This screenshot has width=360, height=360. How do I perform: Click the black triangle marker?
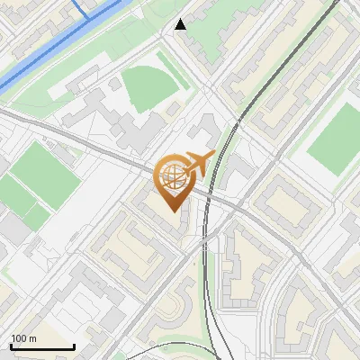(181, 24)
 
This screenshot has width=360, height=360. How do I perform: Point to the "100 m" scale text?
(23, 338)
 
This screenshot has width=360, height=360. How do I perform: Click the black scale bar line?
(42, 346)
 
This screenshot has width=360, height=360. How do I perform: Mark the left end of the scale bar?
(11, 346)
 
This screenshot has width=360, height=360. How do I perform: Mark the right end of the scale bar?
(74, 346)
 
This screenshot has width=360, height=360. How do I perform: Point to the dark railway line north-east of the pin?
(236, 126)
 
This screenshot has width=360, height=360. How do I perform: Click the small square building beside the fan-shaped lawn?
(114, 83)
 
